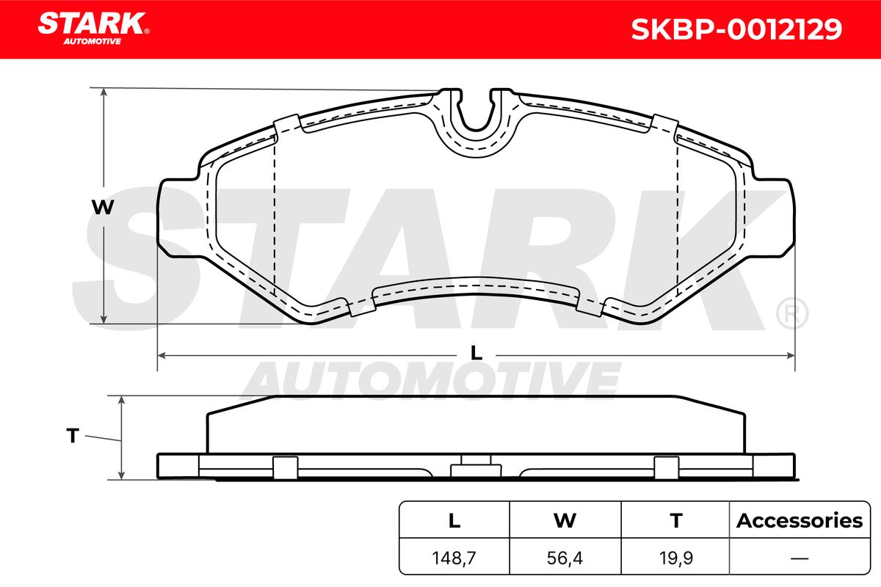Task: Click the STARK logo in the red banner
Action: pyautogui.click(x=93, y=28)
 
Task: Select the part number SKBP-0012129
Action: pyautogui.click(x=736, y=29)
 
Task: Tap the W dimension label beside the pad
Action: pyautogui.click(x=103, y=207)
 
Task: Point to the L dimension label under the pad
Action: pyautogui.click(x=476, y=353)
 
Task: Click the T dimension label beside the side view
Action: pyautogui.click(x=73, y=436)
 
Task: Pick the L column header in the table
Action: pyautogui.click(x=454, y=520)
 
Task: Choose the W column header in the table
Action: pyautogui.click(x=565, y=520)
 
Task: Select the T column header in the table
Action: pyautogui.click(x=676, y=520)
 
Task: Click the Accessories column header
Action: pyautogui.click(x=800, y=520)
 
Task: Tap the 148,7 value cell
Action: pyautogui.click(x=454, y=558)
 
